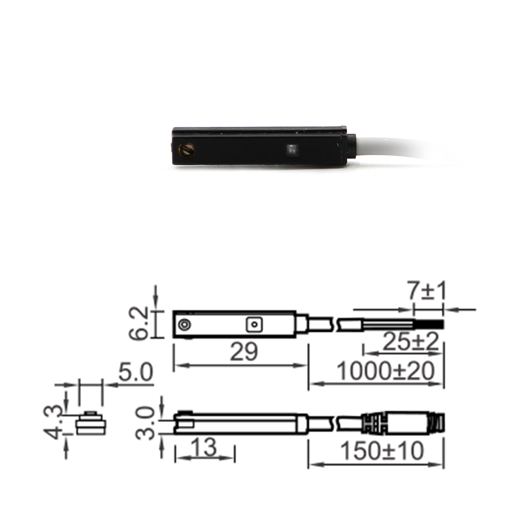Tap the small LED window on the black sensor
(292, 149)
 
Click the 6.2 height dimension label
(139, 323)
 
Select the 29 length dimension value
(244, 352)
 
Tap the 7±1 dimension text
(427, 291)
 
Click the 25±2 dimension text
(410, 342)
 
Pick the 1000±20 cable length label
(386, 371)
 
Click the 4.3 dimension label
(53, 422)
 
